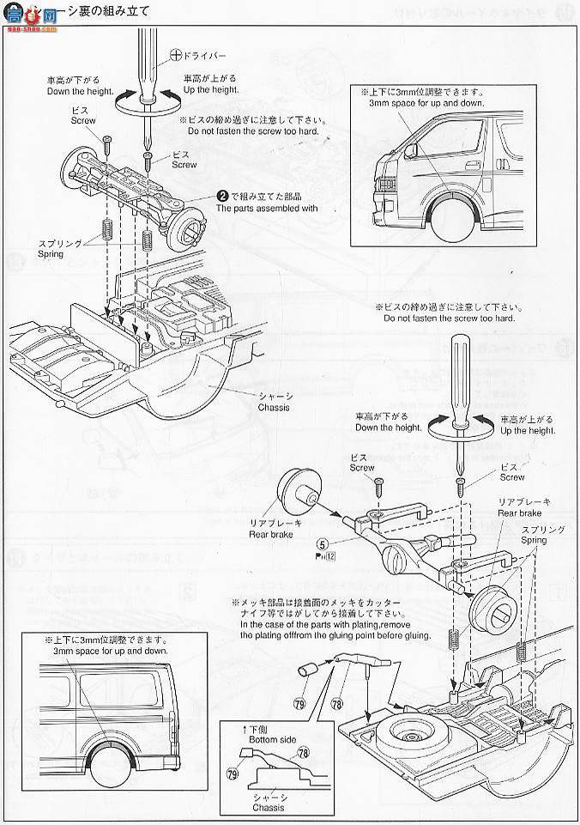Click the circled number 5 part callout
pyautogui.click(x=321, y=543)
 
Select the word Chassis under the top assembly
pyautogui.click(x=274, y=407)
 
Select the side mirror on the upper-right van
pyautogui.click(x=412, y=151)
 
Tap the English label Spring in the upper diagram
pyautogui.click(x=51, y=254)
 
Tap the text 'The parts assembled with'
pyautogui.click(x=267, y=208)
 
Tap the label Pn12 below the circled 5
pyautogui.click(x=325, y=557)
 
